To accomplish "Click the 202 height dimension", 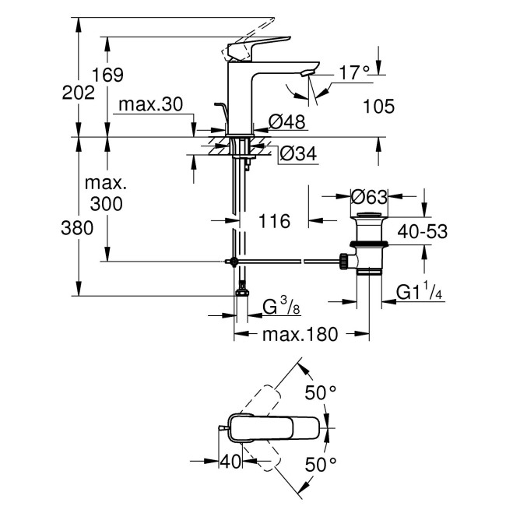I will coord(79,92).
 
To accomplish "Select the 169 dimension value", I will coord(108,76).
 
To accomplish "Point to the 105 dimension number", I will coord(378,106).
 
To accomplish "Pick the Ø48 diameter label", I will coord(286,121).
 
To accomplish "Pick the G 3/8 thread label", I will coord(281,307).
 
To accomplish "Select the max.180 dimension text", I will coord(300,335).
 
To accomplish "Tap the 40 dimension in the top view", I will coord(230,462).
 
